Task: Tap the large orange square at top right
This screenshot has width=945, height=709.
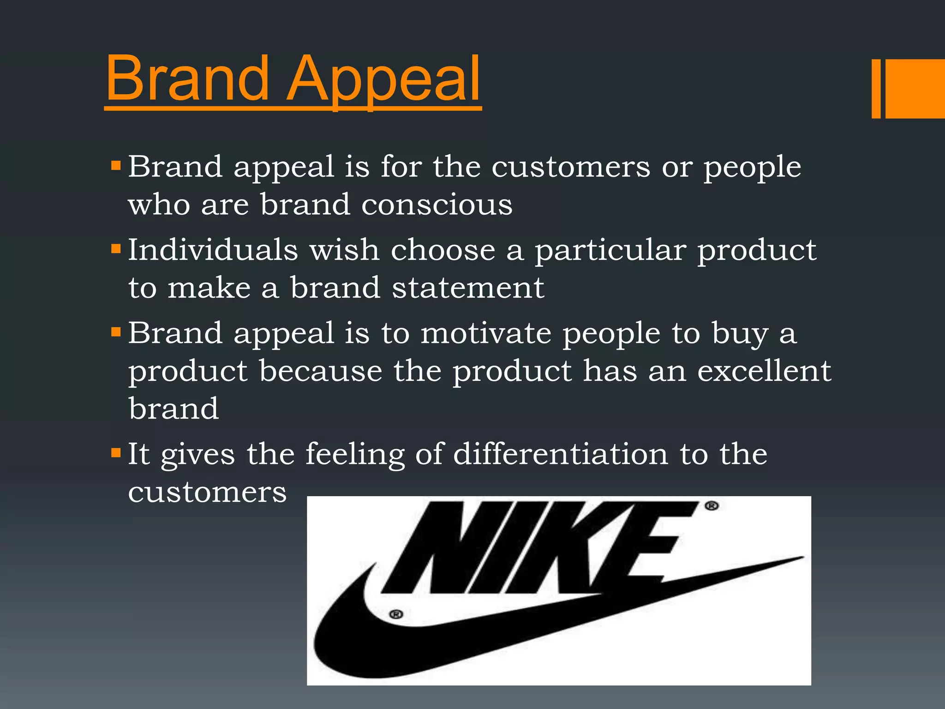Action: click(x=915, y=89)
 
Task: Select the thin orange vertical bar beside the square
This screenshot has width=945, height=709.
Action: click(x=876, y=89)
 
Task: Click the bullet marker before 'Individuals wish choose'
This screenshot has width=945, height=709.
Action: click(x=116, y=250)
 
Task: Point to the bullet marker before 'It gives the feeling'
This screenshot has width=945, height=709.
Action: click(x=116, y=453)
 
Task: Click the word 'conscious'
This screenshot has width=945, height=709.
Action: click(x=437, y=204)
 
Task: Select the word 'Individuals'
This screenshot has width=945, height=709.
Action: click(x=213, y=250)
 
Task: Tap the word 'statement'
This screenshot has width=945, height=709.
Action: click(x=468, y=288)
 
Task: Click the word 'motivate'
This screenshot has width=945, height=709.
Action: click(x=486, y=333)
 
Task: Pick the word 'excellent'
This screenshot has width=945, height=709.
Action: click(x=764, y=371)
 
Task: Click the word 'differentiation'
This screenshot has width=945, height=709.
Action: click(x=560, y=454)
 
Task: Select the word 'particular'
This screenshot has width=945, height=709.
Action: click(x=610, y=251)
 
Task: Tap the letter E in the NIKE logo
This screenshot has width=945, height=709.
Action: click(x=646, y=547)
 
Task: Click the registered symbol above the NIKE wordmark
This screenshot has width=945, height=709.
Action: click(x=712, y=506)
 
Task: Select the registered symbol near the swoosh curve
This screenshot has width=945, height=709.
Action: click(x=396, y=614)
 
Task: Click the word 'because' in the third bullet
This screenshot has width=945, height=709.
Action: click(x=320, y=371)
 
